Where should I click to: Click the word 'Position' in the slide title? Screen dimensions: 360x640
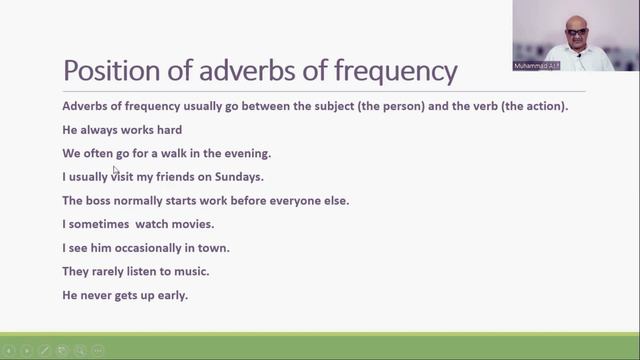click(x=106, y=71)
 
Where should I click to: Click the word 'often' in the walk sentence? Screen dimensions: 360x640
click(x=98, y=153)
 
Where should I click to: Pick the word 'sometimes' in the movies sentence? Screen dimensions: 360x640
click(x=100, y=224)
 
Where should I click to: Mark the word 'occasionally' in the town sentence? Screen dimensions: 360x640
click(x=146, y=248)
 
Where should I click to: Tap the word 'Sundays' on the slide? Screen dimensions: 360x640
click(x=237, y=177)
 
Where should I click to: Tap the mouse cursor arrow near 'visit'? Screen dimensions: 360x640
click(x=115, y=170)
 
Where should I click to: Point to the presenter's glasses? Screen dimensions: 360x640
click(x=577, y=31)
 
